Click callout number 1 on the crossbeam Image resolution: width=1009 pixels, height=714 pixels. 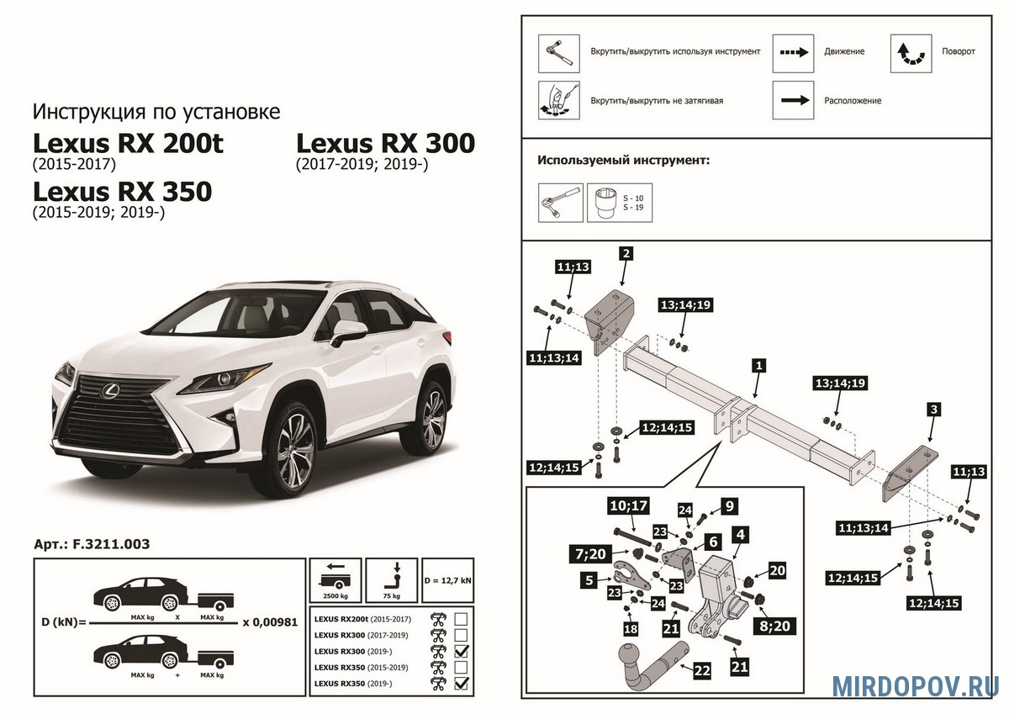tap(758, 366)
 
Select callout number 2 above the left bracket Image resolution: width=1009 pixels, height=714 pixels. tap(626, 252)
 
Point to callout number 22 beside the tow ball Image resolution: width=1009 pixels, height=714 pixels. tap(702, 670)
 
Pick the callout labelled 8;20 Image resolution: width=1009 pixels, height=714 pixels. tap(776, 626)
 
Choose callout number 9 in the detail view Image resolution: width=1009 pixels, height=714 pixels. tap(730, 505)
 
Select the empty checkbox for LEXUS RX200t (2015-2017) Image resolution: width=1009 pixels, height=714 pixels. tap(461, 619)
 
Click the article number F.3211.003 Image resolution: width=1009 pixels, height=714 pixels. tap(92, 544)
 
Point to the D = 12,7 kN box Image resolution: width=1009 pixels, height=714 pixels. tap(446, 579)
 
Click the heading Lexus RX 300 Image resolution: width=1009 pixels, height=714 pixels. tap(386, 143)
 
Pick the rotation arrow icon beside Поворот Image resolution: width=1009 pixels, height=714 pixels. tap(911, 52)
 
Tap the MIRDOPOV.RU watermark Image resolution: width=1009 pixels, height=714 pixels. tap(916, 685)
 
